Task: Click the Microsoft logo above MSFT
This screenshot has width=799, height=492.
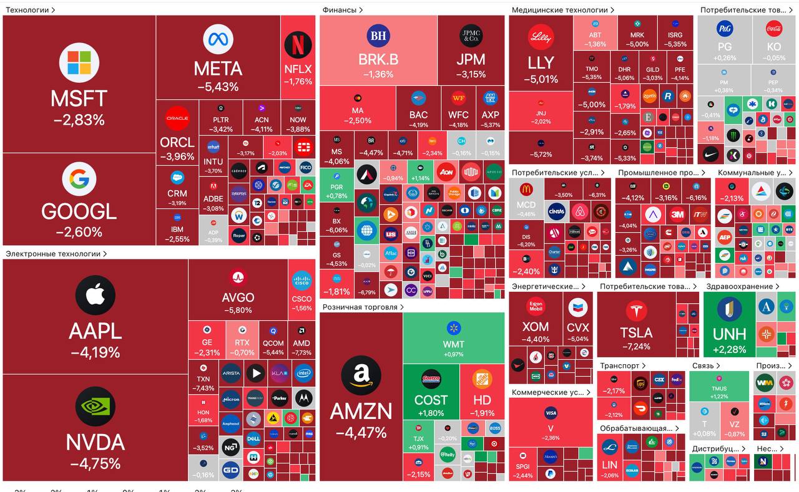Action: (79, 63)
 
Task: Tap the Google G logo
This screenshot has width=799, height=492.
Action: (79, 179)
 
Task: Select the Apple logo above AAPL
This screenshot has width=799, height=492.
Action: (96, 295)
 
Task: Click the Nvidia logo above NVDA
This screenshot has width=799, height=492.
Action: (96, 407)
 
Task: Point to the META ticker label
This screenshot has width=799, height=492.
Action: (218, 68)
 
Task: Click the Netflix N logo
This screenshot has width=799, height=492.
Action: (298, 45)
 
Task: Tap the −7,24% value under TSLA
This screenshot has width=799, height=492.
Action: (636, 347)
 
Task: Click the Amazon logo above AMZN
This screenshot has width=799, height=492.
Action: (361, 375)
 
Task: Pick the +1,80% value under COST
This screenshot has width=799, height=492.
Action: (431, 413)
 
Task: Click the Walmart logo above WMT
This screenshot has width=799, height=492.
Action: (454, 328)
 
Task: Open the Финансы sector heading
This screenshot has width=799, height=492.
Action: (340, 10)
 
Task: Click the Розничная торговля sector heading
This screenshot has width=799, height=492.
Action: (360, 307)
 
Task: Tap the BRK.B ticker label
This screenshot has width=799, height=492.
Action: (378, 60)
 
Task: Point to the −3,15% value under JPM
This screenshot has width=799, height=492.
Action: (471, 74)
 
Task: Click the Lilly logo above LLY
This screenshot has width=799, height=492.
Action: (541, 37)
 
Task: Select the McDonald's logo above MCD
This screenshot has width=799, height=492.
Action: (526, 190)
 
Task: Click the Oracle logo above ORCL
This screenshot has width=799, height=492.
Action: (177, 118)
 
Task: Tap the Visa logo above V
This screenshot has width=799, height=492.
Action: (551, 413)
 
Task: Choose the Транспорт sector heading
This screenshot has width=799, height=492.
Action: (620, 365)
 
